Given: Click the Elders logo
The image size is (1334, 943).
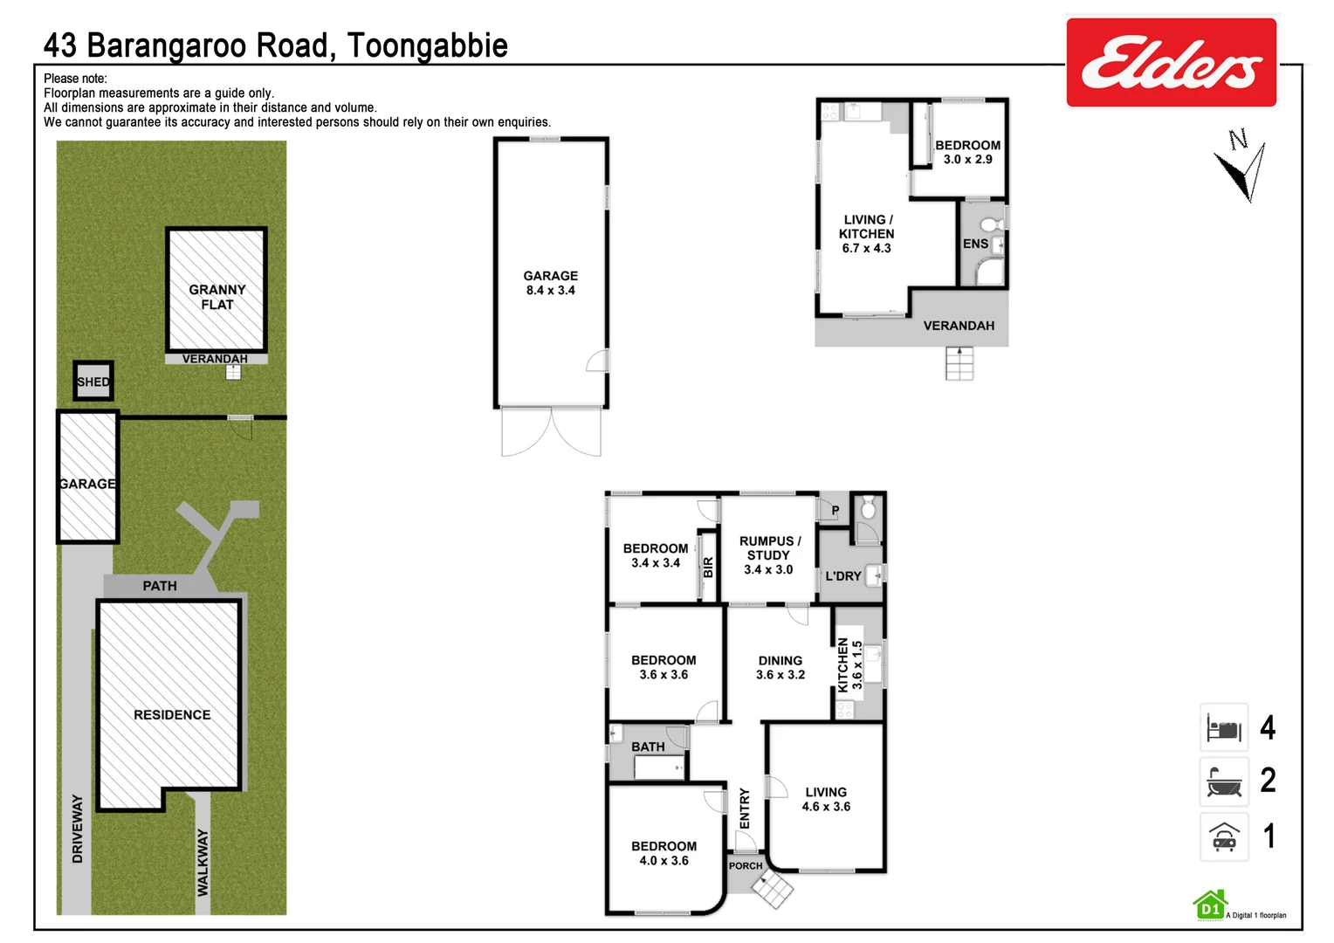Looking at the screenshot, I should [x=1171, y=63].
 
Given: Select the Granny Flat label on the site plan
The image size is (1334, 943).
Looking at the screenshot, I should [x=217, y=297].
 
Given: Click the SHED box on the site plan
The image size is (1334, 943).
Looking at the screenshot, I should [x=93, y=382].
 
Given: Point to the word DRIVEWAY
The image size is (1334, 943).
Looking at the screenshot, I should [x=78, y=829].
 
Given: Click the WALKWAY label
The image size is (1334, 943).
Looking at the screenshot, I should [x=203, y=862].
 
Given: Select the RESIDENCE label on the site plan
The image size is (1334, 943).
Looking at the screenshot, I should [x=172, y=714].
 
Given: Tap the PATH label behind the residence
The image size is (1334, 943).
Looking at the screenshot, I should [x=160, y=586].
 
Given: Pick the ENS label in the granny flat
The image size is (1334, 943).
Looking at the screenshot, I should [x=975, y=244].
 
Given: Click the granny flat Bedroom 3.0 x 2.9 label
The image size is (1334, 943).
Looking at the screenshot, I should [x=967, y=152].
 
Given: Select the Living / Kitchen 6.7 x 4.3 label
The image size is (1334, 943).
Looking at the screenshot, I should [x=866, y=234].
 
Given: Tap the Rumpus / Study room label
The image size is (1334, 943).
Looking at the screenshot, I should [x=768, y=555].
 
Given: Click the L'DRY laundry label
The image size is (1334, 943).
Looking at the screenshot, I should [x=842, y=576].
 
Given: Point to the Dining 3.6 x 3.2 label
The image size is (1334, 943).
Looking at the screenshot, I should [x=780, y=668].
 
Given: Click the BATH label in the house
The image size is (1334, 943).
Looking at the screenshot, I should [x=648, y=747].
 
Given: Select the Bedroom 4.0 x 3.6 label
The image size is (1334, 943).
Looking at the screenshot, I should [x=664, y=853].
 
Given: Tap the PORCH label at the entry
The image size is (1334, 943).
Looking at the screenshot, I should [x=746, y=866].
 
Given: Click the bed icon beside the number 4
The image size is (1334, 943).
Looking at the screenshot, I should [x=1223, y=728].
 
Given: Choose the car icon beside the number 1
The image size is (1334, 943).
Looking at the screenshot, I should [x=1223, y=837].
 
